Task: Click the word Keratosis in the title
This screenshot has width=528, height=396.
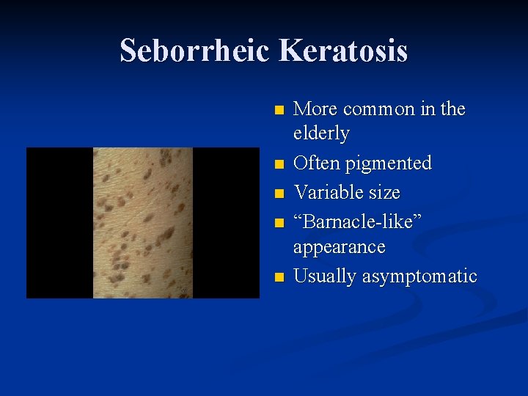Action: tap(343, 51)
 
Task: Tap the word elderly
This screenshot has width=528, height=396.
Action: tap(321, 133)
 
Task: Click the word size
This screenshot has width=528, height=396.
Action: tap(386, 192)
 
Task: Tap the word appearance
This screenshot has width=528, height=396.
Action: tap(339, 246)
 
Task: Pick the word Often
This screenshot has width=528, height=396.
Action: tap(316, 163)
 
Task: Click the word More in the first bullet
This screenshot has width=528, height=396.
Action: tap(315, 109)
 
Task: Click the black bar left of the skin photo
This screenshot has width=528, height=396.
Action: tap(59, 223)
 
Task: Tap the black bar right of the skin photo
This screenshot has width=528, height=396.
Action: tap(226, 223)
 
